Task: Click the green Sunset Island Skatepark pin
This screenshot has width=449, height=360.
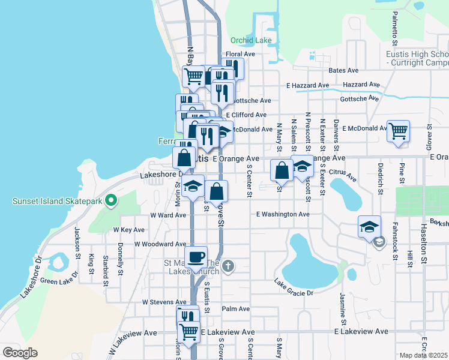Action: [110, 200]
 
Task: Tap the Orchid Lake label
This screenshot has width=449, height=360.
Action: [251, 41]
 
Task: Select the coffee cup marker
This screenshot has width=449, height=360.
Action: [196, 257]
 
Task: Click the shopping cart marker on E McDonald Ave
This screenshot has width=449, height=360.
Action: [399, 130]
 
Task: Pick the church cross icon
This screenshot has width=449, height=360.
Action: [228, 266]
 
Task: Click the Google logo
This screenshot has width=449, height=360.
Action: [20, 353]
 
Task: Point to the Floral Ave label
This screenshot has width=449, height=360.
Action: [241, 54]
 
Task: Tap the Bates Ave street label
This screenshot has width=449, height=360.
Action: [343, 70]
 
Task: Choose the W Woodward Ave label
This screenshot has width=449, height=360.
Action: [160, 244]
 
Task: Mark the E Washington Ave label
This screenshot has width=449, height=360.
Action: [283, 214]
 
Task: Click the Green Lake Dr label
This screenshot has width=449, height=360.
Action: [57, 281]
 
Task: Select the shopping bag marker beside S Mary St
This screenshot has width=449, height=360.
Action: [282, 170]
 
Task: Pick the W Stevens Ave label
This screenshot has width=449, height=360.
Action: [164, 302]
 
